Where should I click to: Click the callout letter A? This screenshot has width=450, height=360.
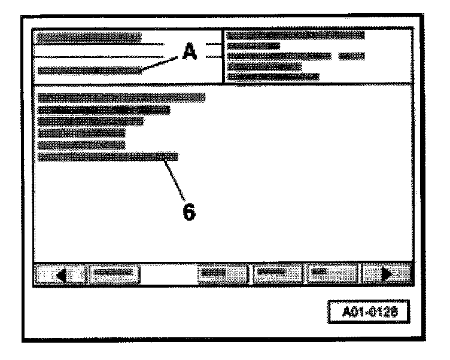pyautogui.click(x=189, y=53)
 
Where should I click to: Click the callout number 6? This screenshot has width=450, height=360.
pyautogui.click(x=189, y=211)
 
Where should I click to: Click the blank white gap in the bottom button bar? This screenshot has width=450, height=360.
pyautogui.click(x=169, y=274)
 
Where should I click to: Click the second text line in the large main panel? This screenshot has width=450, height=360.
pyautogui.click(x=104, y=109)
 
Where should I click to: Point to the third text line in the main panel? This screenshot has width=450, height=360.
pyautogui.click(x=90, y=121)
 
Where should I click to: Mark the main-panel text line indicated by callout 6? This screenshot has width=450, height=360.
pyautogui.click(x=108, y=157)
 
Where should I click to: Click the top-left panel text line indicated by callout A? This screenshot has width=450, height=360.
pyautogui.click(x=90, y=71)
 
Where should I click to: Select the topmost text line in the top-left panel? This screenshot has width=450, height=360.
pyautogui.click(x=89, y=38)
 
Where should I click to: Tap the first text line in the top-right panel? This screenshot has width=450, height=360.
pyautogui.click(x=296, y=35)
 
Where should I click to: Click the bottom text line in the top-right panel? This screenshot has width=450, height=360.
pyautogui.click(x=273, y=77)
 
